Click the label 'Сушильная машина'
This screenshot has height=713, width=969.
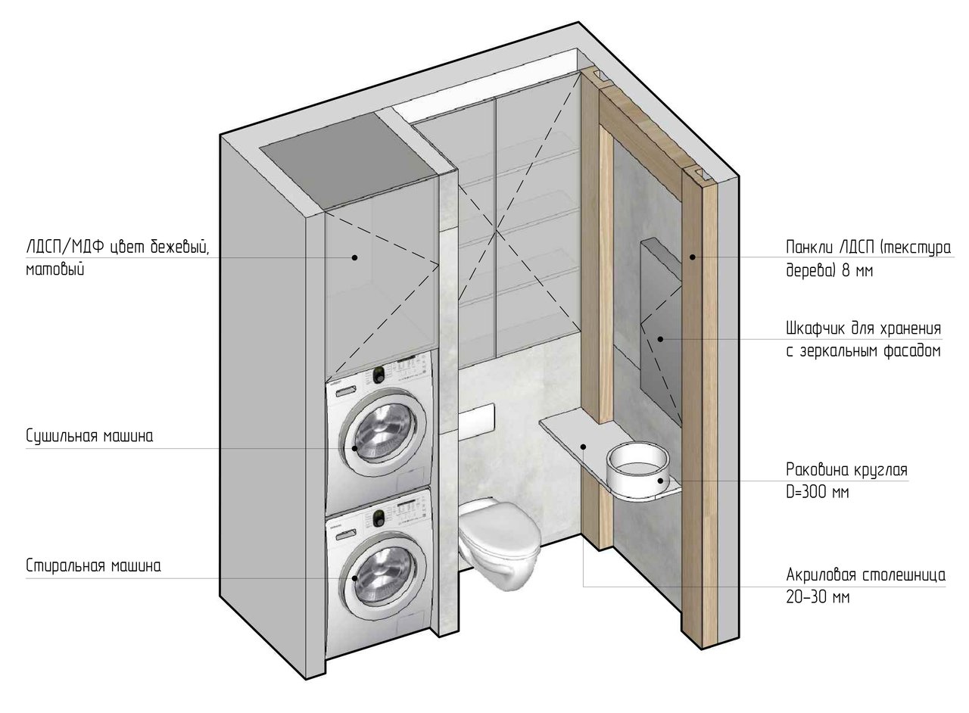pos(89,436)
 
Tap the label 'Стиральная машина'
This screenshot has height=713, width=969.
pos(93,566)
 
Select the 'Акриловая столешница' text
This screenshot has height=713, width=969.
pos(865,575)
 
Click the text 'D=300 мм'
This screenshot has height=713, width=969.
pos(817,492)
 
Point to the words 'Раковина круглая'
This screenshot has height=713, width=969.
pos(846,470)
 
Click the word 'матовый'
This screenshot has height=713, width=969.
pos(55,269)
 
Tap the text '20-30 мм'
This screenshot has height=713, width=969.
pos(818,597)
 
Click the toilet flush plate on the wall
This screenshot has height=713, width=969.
pos(476,419)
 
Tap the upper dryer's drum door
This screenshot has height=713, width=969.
pos(383,434)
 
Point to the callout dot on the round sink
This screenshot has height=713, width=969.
pos(661,480)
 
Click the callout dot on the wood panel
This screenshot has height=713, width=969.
pos(692,257)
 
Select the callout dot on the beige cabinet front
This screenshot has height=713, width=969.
pos(354,257)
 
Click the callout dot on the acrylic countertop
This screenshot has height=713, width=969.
pos(583,447)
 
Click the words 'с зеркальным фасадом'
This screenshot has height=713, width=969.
pos(864,350)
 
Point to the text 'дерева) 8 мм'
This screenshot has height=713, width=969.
pos(829,270)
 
